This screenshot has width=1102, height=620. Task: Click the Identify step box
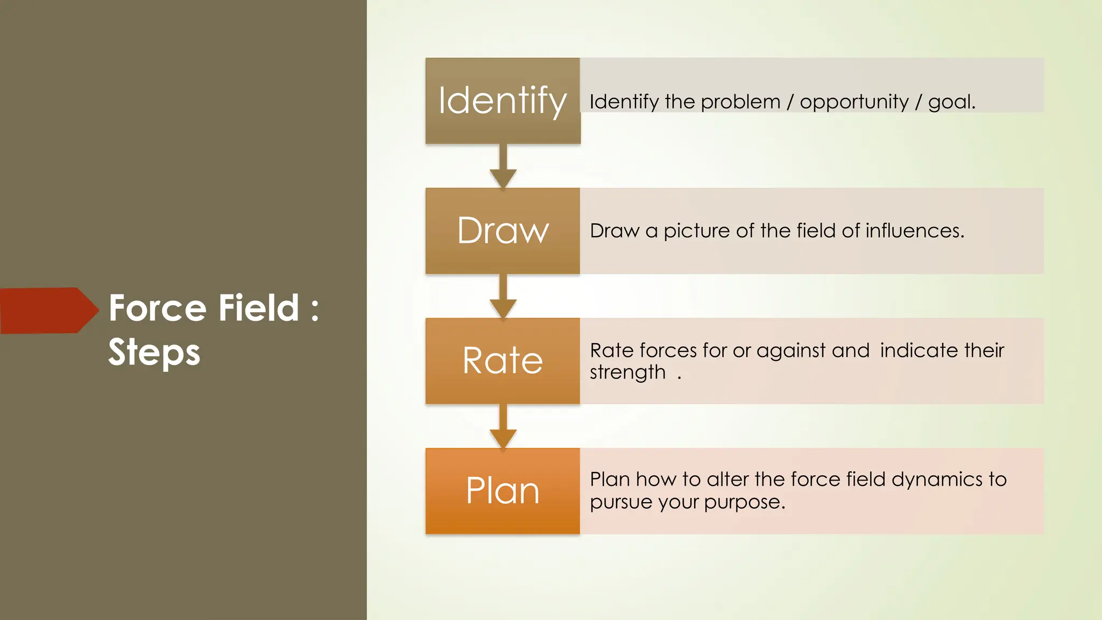503,101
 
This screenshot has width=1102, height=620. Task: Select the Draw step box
503,231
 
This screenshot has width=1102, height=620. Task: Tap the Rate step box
503,361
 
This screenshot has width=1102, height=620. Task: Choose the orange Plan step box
503,491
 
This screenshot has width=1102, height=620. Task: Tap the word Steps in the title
154,353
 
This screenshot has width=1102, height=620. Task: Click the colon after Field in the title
315,309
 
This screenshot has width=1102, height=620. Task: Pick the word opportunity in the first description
854,102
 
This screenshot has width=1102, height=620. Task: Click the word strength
627,372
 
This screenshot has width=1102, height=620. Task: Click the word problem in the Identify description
740,102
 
